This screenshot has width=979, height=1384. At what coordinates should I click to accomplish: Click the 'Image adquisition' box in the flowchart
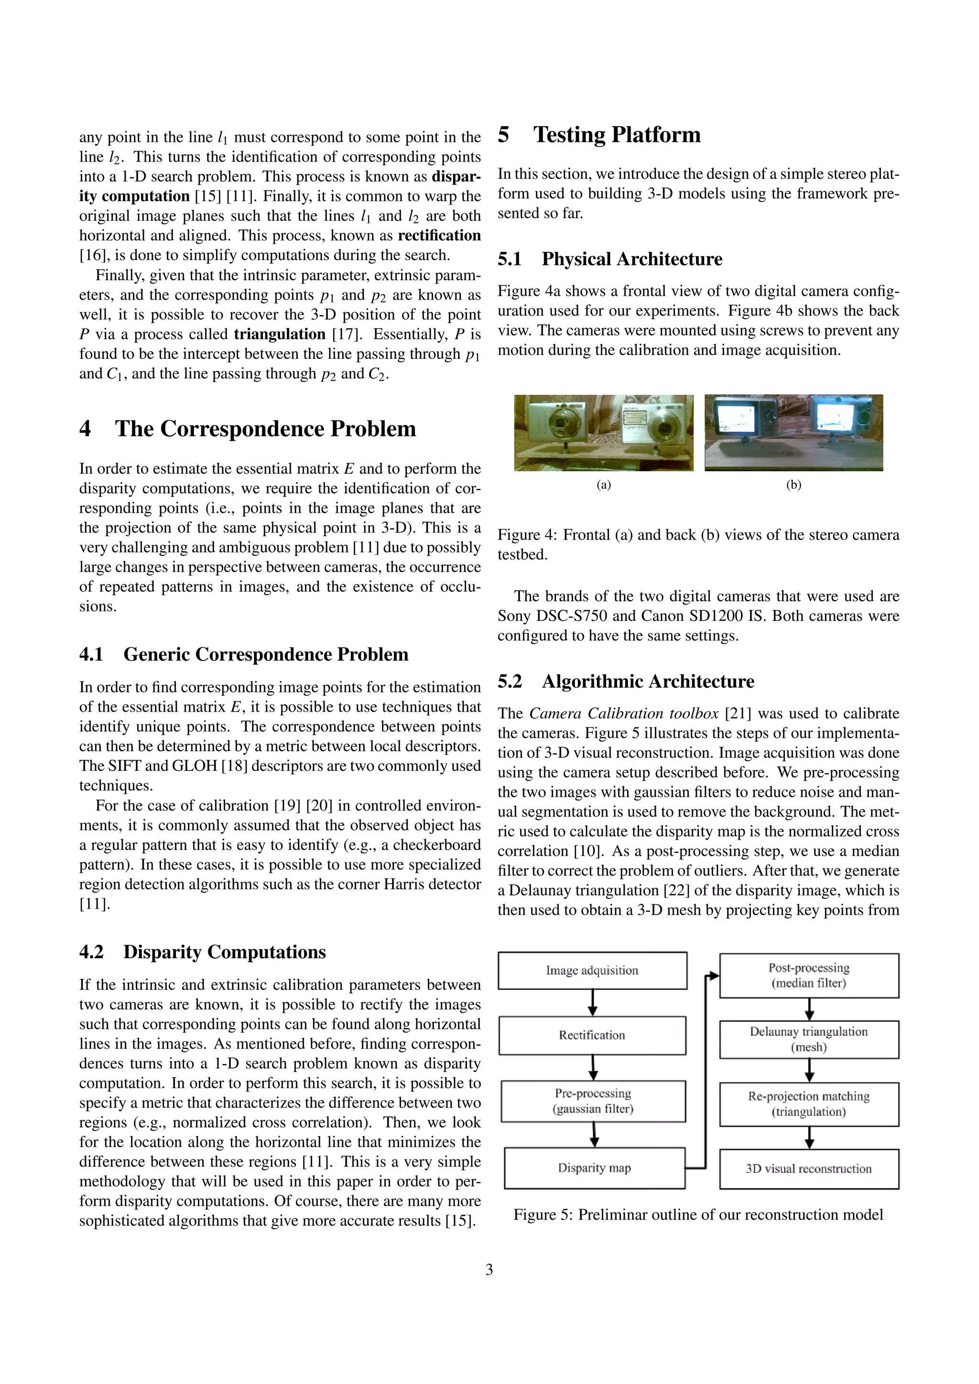point(592,971)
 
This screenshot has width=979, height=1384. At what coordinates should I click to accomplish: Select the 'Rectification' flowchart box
point(592,1035)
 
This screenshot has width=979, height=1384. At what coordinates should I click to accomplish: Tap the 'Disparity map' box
point(594,1168)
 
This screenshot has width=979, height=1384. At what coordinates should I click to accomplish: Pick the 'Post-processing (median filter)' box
point(808,975)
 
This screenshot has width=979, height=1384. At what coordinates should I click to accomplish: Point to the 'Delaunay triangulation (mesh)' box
point(808,1039)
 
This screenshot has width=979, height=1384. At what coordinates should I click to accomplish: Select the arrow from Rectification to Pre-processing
point(593,1067)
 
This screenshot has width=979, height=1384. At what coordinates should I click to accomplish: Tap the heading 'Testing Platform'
point(617,134)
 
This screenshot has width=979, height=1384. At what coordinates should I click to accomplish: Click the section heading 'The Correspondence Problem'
point(265,429)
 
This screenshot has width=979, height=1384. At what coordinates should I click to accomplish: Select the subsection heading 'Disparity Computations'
point(224,952)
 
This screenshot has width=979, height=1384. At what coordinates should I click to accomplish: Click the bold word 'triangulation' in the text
point(280,334)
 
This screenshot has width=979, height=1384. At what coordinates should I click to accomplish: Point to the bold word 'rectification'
point(439,235)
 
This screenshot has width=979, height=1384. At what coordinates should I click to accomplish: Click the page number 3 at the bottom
point(489,1269)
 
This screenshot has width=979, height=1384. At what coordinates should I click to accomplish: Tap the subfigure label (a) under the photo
point(603,485)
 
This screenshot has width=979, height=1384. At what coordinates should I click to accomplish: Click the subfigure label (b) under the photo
point(794,485)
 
